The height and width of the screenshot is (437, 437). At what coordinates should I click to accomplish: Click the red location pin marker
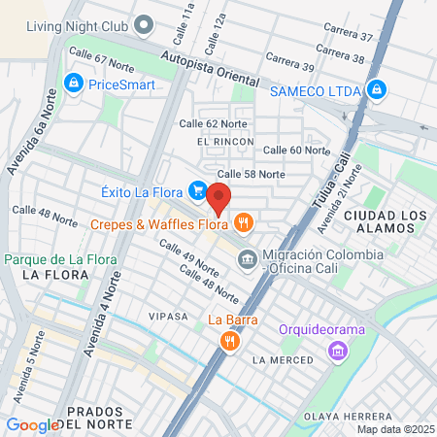click(219, 198)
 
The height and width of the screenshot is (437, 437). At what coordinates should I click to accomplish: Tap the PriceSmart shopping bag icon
click(72, 84)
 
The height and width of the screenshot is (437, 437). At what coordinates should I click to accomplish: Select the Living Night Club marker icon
click(144, 23)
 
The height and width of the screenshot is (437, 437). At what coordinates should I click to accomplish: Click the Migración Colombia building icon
click(248, 259)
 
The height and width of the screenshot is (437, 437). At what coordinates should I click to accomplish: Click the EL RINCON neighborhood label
click(224, 142)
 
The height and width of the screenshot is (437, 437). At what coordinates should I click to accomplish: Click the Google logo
click(33, 424)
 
